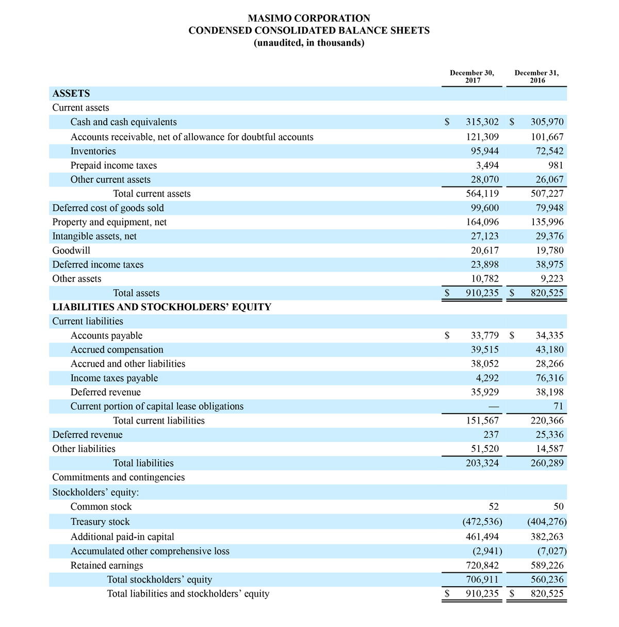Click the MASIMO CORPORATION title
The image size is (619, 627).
(x=309, y=18)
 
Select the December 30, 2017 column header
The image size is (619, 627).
(x=472, y=76)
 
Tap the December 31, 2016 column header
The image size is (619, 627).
(x=536, y=76)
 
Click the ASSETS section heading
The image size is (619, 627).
(x=71, y=93)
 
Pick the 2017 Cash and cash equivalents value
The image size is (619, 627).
(x=482, y=122)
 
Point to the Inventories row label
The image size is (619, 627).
(x=93, y=151)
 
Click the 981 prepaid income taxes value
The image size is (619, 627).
(x=556, y=165)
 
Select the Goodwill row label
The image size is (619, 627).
(x=71, y=250)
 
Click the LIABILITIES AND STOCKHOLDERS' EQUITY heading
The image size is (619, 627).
(x=161, y=307)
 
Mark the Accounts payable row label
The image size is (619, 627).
(x=106, y=336)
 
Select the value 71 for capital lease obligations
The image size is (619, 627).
(x=558, y=406)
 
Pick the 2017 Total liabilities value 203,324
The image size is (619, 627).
(x=482, y=463)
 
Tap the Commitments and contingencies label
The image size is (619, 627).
(x=118, y=477)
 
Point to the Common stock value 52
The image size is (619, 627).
(x=493, y=507)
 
